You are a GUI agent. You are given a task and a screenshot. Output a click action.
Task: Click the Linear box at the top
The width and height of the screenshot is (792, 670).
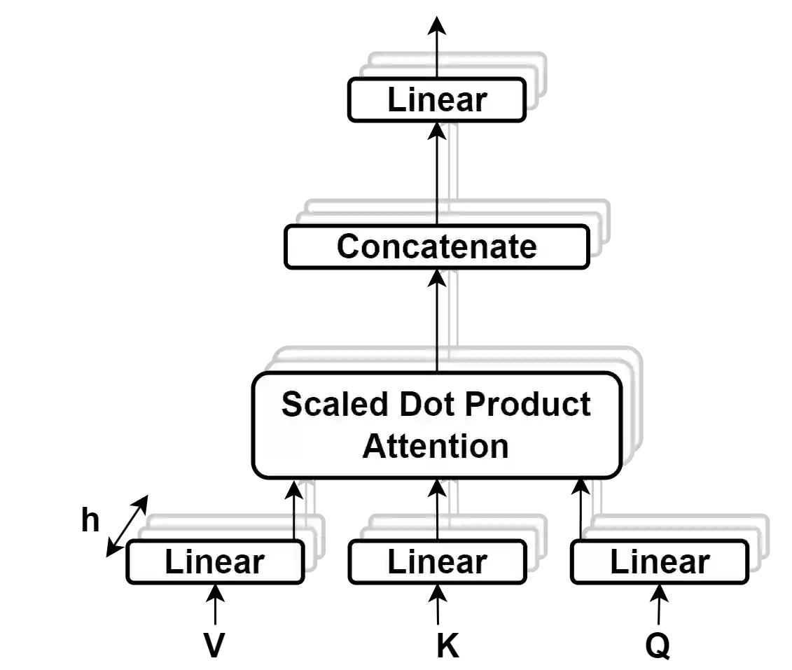(437, 99)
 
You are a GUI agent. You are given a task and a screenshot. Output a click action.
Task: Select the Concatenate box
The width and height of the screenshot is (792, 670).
(437, 246)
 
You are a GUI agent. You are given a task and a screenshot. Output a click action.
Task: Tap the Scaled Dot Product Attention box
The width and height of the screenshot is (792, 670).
(437, 425)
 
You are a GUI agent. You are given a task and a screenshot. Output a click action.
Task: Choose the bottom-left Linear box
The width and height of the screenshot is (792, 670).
(215, 562)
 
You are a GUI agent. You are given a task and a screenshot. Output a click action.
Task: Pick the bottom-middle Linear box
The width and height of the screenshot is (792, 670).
(437, 562)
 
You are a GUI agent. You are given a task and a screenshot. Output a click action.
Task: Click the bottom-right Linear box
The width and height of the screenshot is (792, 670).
(660, 562)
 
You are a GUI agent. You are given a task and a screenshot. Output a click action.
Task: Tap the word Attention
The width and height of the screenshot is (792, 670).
(436, 446)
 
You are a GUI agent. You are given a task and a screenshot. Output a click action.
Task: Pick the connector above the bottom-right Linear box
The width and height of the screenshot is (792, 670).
(596, 493)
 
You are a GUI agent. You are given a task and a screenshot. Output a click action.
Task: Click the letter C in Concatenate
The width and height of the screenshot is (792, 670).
(348, 247)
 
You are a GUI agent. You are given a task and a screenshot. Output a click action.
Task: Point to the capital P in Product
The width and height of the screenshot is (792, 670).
(474, 405)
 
